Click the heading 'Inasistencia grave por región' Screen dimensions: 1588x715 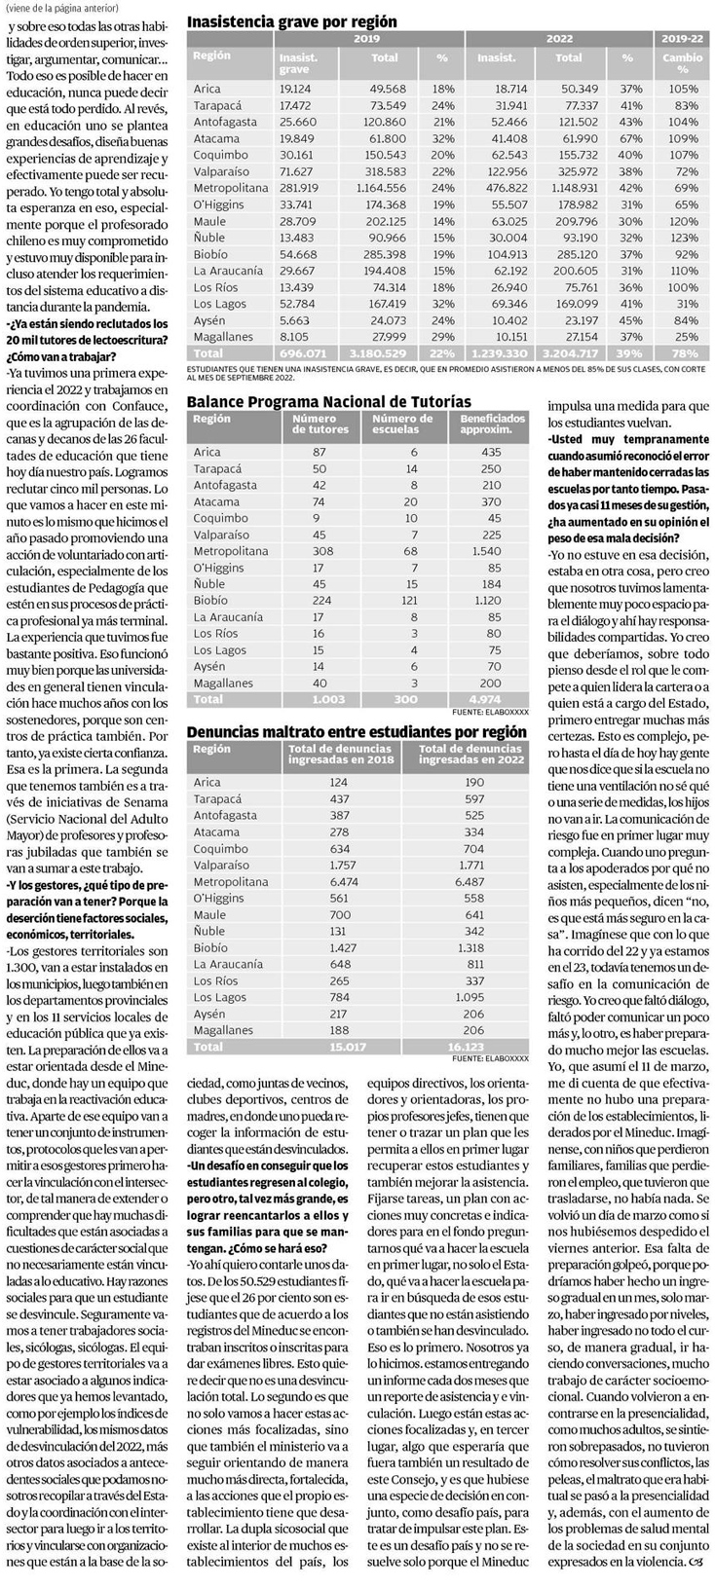[x=291, y=20]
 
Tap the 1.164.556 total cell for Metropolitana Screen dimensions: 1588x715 [x=381, y=188]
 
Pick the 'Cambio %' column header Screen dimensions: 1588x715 [x=683, y=63]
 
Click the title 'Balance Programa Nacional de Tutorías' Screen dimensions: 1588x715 [x=328, y=401]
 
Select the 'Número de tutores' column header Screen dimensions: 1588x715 [x=320, y=424]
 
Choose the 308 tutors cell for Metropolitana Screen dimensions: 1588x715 [x=320, y=551]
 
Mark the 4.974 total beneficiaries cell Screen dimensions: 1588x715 [x=484, y=699]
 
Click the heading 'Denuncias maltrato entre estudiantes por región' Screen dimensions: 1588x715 [x=357, y=731]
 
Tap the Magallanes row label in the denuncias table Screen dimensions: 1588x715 [x=223, y=1030]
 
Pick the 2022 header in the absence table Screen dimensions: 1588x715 [x=559, y=39]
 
